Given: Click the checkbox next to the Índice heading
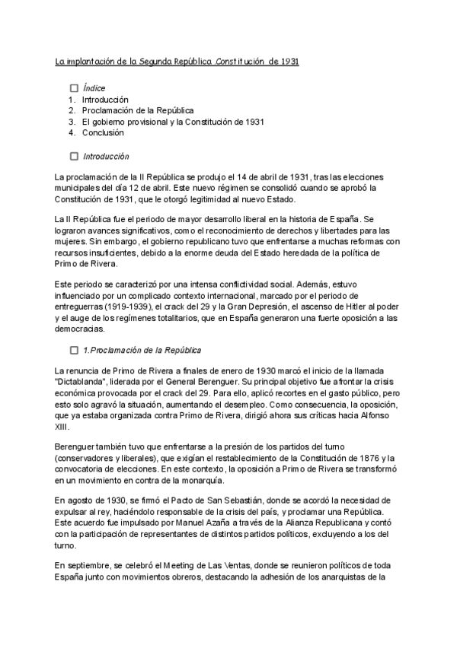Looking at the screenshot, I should pyautogui.click(x=74, y=88).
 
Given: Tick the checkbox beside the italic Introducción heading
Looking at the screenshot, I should pyautogui.click(x=74, y=157).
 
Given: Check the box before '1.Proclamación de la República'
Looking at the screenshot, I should pyautogui.click(x=74, y=350).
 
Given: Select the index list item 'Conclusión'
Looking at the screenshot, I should pyautogui.click(x=103, y=132).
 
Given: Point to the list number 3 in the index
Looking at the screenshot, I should pyautogui.click(x=71, y=122).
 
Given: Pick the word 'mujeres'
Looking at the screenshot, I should pyautogui.click(x=73, y=241).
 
